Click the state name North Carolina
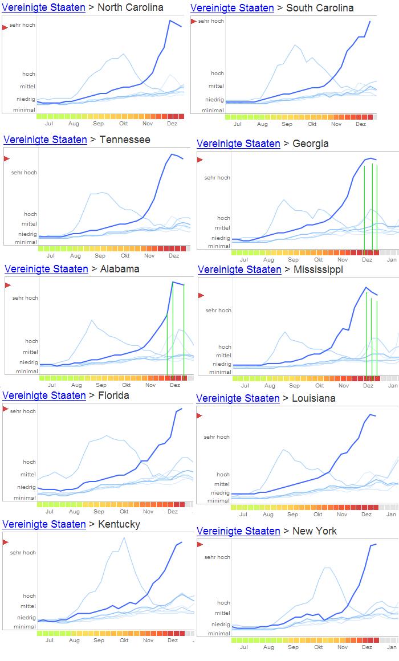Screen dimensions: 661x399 click(131, 7)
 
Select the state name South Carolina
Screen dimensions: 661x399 click(320, 8)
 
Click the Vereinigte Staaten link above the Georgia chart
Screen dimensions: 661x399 click(238, 144)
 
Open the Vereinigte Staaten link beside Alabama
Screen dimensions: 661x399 click(46, 269)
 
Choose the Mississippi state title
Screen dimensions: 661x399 click(317, 270)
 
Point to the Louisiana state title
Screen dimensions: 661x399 click(313, 398)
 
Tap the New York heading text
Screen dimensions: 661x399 click(315, 531)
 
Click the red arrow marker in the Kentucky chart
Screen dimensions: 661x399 click(6, 542)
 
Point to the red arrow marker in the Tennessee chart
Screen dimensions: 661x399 click(7, 158)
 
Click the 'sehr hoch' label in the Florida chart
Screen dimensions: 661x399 click(23, 411)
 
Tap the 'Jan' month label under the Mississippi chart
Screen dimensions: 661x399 click(393, 386)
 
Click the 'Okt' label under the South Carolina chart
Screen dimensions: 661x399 click(312, 124)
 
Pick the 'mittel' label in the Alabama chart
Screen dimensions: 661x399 click(30, 352)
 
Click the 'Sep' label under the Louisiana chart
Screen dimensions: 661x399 click(293, 514)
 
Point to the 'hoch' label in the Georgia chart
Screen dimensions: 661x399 click(223, 218)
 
